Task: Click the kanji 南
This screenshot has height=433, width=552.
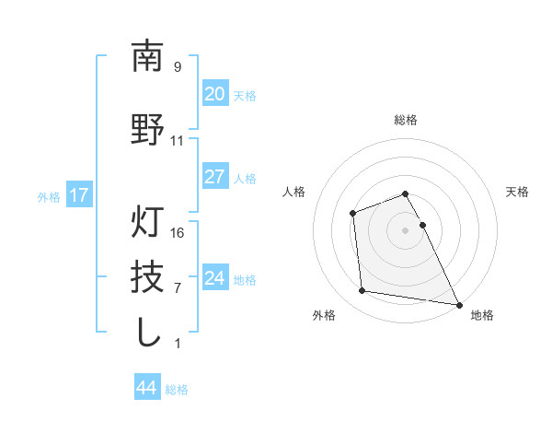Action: pyautogui.click(x=147, y=57)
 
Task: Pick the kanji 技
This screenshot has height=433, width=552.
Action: pyautogui.click(x=147, y=276)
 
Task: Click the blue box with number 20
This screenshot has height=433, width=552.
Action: pyautogui.click(x=214, y=94)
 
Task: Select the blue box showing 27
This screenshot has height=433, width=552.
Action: pyautogui.click(x=214, y=177)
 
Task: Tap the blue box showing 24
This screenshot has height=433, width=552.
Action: pyautogui.click(x=214, y=278)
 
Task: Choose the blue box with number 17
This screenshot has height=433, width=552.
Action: pyautogui.click(x=78, y=195)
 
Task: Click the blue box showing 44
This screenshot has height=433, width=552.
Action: pyautogui.click(x=147, y=388)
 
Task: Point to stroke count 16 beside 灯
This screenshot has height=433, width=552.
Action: pyautogui.click(x=178, y=232)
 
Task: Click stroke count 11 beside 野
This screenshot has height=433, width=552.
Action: pyautogui.click(x=178, y=141)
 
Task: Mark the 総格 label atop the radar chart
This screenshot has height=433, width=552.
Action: pyautogui.click(x=405, y=120)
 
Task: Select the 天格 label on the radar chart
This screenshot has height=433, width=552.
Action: pyautogui.click(x=517, y=192)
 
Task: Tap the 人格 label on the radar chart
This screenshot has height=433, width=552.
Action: pyautogui.click(x=293, y=192)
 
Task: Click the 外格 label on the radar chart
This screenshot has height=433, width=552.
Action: pyautogui.click(x=324, y=315)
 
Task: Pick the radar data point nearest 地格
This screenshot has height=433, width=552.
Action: pyautogui.click(x=459, y=303)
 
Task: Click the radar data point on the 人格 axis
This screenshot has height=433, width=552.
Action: pyautogui.click(x=352, y=214)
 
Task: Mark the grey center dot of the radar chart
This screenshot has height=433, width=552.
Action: pyautogui.click(x=405, y=230)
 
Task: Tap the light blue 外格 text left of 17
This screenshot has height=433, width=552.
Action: pyautogui.click(x=48, y=196)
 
